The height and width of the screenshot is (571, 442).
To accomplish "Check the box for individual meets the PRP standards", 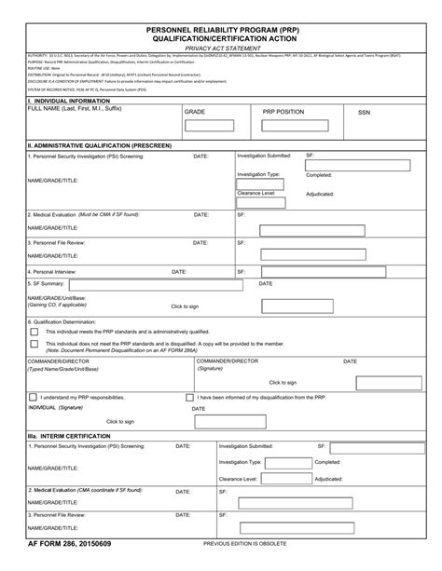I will pos(35,332).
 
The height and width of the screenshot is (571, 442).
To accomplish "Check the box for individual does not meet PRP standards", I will pos(35,343).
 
